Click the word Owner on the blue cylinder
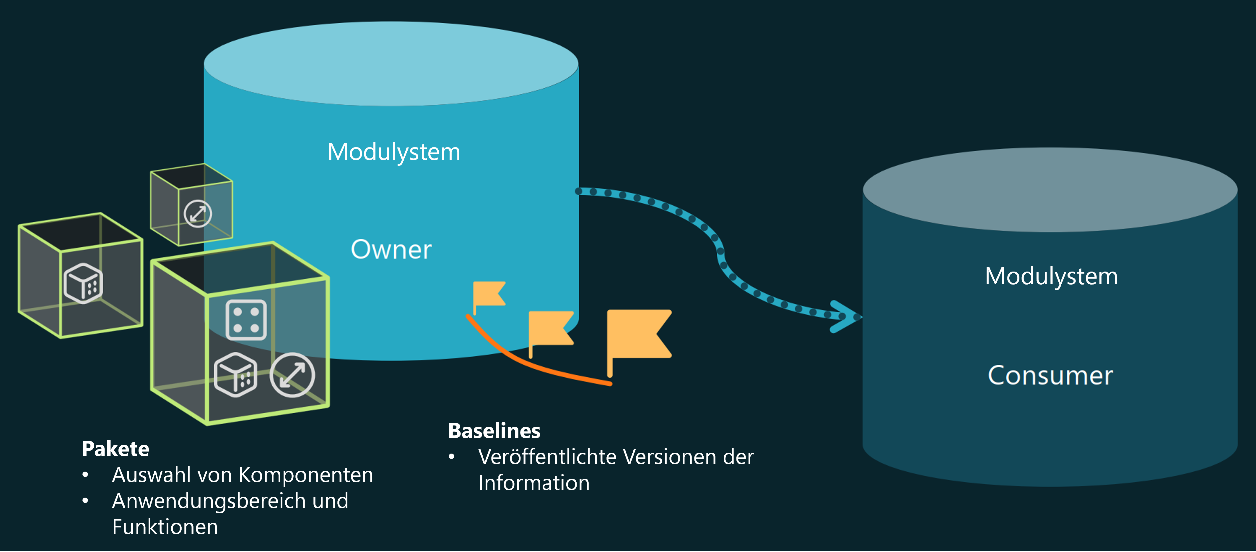coord(391,250)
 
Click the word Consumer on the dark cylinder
coord(1050,376)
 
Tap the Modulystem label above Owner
coord(393,152)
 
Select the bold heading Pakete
coord(115,449)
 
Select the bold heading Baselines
coord(494,431)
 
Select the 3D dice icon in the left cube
coord(83,283)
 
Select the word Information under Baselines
coord(534,483)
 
